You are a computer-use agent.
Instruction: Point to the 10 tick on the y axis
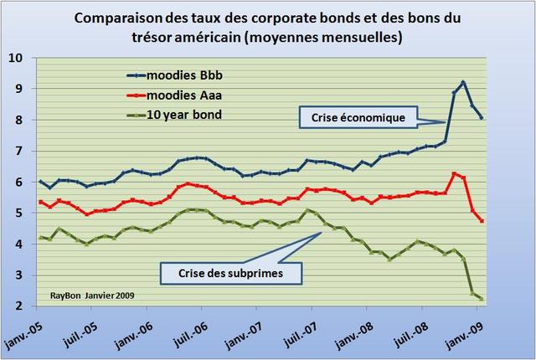click(18, 58)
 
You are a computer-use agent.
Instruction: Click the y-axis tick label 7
click(18, 151)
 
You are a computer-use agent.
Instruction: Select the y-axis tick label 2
click(18, 306)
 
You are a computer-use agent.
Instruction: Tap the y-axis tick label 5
click(18, 213)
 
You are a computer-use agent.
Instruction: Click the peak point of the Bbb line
click(463, 82)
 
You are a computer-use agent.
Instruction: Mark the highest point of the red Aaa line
click(454, 173)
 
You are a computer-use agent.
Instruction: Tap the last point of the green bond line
click(482, 299)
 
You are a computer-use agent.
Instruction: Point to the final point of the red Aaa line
click(482, 220)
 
